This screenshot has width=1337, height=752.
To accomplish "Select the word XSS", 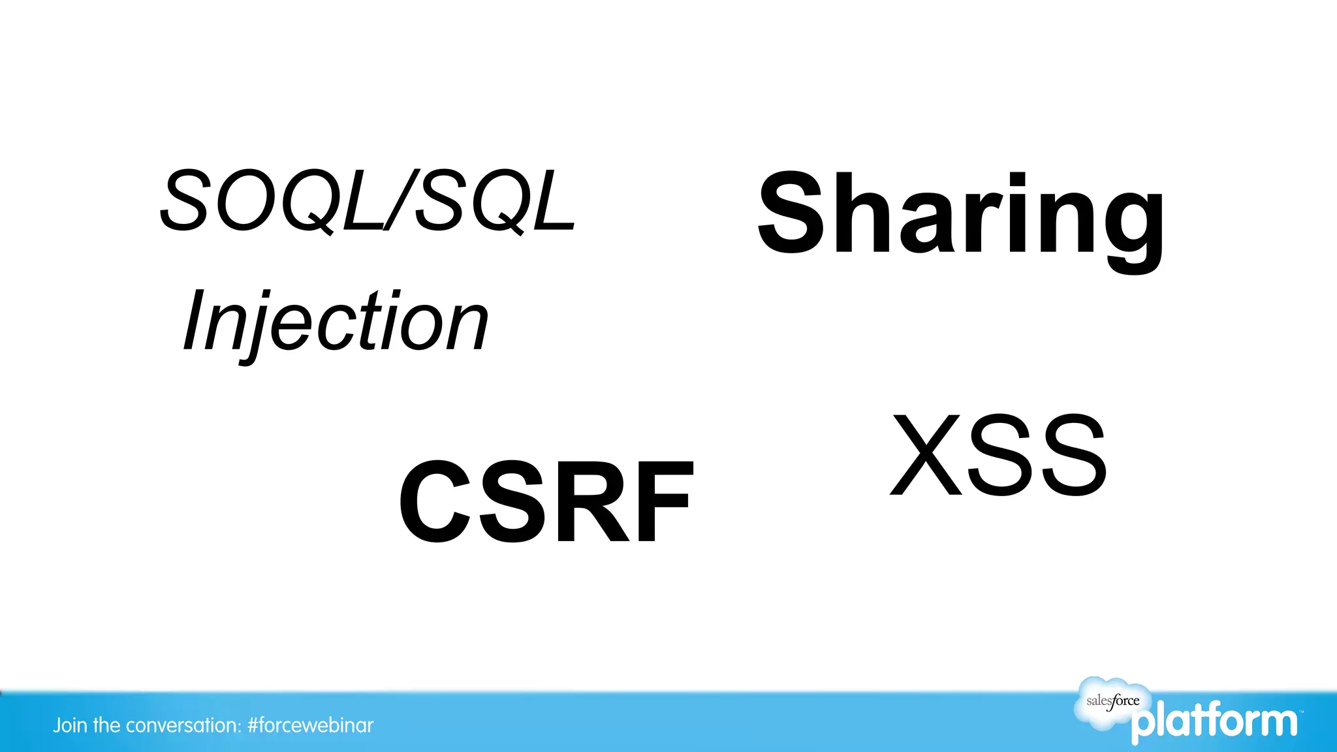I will point(999,455).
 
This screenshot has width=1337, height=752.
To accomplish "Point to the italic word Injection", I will point(335,322).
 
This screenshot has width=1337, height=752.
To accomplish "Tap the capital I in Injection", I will point(195,320).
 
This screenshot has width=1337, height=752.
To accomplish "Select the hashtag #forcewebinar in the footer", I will point(311,725).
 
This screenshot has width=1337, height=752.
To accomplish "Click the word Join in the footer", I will point(70,725).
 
